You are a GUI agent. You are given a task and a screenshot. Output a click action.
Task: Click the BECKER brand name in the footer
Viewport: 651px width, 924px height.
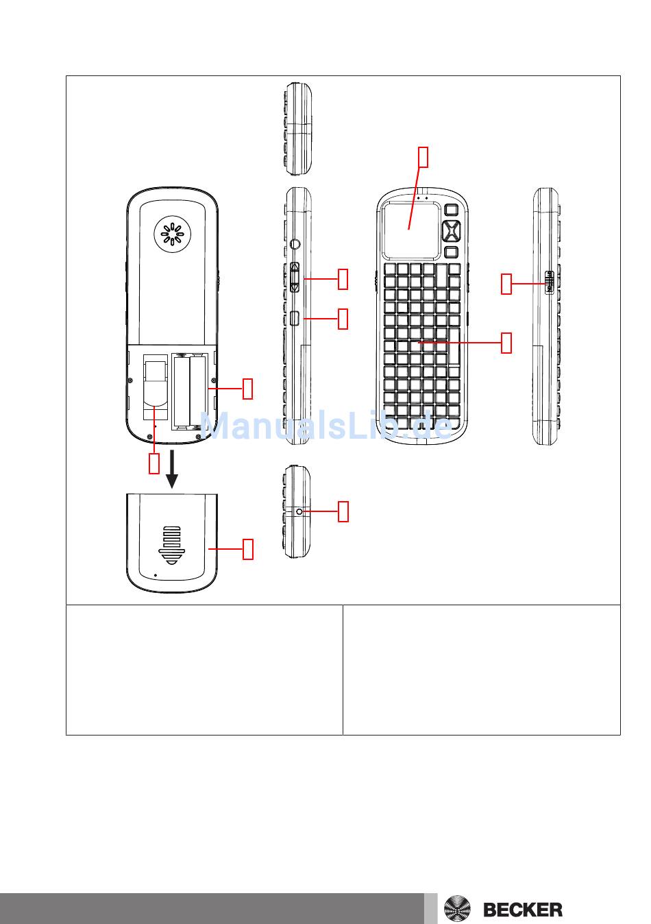pos(522,909)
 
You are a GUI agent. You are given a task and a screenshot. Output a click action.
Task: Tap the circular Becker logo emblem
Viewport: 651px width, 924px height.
pos(457,909)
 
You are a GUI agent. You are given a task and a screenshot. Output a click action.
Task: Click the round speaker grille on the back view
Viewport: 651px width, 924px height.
pos(172,234)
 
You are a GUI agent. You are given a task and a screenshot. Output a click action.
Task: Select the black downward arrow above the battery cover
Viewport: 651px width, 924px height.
pos(172,469)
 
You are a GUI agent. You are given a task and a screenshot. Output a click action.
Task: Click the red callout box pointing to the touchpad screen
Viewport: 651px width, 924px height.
pos(423,157)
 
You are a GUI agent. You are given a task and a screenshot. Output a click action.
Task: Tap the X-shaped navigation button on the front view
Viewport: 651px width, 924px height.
pos(451,230)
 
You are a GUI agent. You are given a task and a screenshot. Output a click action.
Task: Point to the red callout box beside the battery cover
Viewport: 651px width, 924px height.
pos(247,549)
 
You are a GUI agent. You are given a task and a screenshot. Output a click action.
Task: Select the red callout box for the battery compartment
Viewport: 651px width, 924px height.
pos(247,388)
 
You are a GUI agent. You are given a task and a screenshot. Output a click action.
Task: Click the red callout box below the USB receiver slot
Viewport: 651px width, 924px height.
pos(153,463)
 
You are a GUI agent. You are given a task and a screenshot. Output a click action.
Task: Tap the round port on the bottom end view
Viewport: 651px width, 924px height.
pos(299,511)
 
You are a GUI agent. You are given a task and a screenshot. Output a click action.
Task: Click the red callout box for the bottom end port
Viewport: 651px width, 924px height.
pos(343,511)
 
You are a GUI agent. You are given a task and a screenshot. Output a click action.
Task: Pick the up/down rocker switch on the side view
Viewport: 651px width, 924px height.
pos(295,277)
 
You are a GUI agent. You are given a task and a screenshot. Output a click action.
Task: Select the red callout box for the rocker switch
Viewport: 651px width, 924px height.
pos(343,279)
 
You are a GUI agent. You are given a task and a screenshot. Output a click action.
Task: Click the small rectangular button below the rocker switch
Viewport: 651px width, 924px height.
pos(295,318)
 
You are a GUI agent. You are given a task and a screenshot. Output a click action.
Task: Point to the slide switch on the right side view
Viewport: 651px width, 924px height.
pos(549,282)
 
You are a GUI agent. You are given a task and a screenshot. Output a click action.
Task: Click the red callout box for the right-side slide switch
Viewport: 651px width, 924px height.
pos(506,284)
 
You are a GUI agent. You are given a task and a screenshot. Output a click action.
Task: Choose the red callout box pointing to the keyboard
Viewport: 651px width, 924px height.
pos(506,343)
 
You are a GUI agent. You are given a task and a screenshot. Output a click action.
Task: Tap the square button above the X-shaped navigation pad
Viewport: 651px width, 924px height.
pos(452,209)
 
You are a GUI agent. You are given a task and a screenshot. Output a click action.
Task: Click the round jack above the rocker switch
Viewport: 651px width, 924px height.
pos(295,244)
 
